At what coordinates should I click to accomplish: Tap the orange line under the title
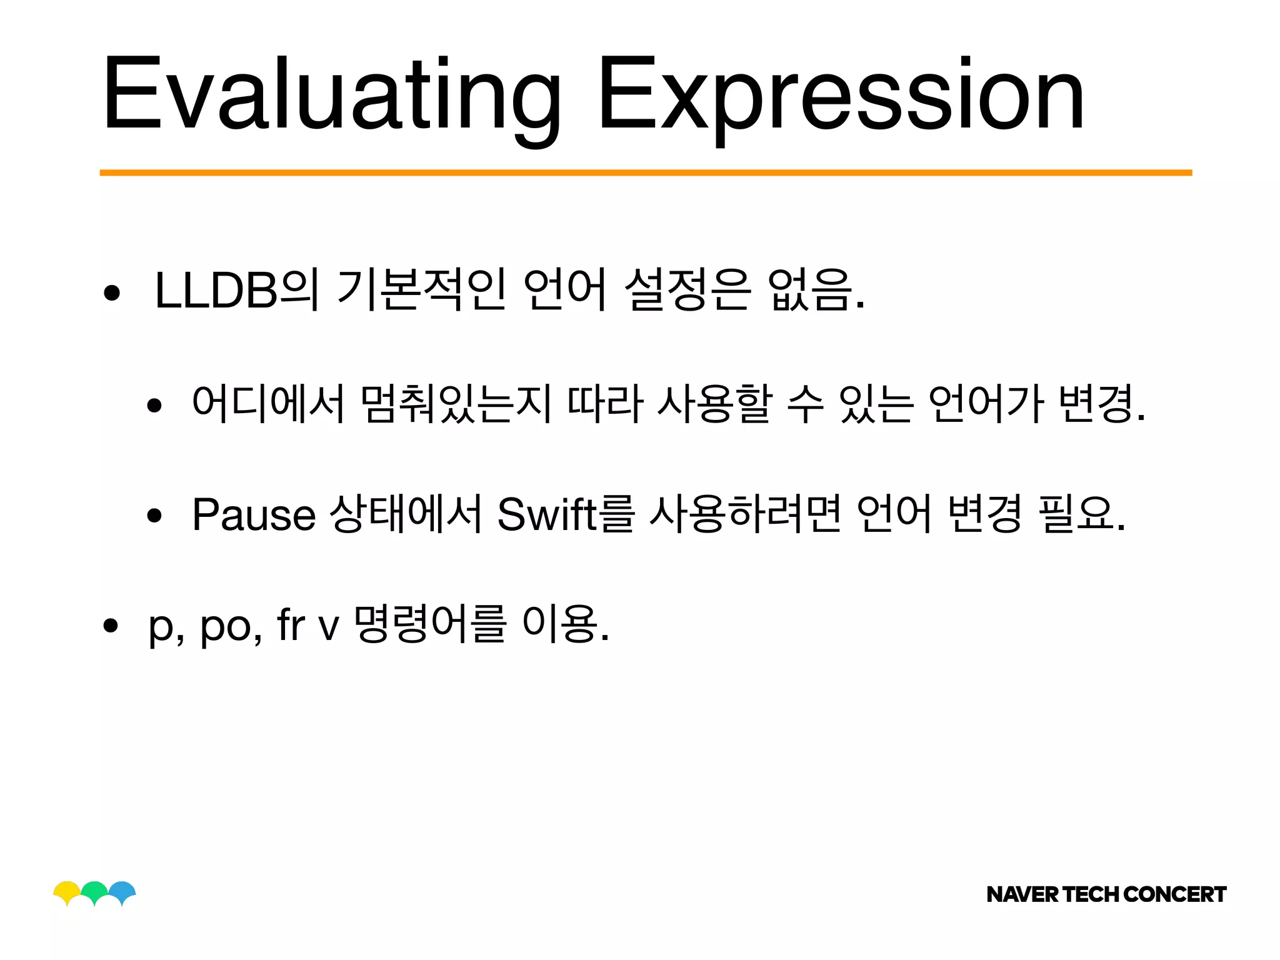646,172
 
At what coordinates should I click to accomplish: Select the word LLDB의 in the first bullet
236,290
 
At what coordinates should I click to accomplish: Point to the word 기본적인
421,290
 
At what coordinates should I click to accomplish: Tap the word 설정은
686,290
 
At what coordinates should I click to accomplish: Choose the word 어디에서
268,404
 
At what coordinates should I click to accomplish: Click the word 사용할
715,404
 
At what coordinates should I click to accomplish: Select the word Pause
254,514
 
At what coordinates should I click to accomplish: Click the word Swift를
566,514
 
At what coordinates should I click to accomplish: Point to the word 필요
1075,514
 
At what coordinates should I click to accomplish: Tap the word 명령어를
429,624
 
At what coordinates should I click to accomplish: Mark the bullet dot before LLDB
112,292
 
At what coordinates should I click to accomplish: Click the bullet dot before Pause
154,516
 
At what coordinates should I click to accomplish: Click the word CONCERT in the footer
1174,894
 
